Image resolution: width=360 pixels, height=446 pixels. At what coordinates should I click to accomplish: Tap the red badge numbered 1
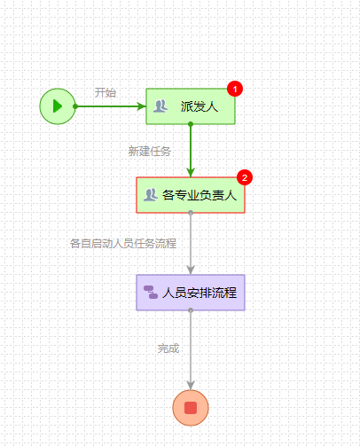235,89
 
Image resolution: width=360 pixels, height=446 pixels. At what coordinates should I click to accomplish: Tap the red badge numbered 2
246,177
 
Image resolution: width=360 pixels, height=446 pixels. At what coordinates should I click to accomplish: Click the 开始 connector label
105,92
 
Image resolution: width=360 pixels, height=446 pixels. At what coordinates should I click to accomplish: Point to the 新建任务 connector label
149,151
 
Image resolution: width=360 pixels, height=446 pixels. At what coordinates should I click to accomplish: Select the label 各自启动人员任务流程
122,243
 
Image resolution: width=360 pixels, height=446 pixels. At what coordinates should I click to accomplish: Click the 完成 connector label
168,348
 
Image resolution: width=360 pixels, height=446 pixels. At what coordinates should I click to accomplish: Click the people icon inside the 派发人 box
160,106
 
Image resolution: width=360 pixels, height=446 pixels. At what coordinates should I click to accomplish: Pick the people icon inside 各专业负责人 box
150,195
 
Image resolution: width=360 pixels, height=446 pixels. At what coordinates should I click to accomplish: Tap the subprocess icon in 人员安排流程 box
151,292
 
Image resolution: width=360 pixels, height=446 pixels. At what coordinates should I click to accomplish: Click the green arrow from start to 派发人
111,106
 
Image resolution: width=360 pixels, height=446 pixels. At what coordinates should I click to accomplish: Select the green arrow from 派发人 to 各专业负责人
191,151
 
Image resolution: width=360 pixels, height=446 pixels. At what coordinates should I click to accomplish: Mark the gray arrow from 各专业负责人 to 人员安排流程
191,244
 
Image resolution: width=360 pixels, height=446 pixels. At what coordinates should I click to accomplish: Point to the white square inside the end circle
191,408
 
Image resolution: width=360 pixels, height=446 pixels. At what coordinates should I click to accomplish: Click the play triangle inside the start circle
58,106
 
